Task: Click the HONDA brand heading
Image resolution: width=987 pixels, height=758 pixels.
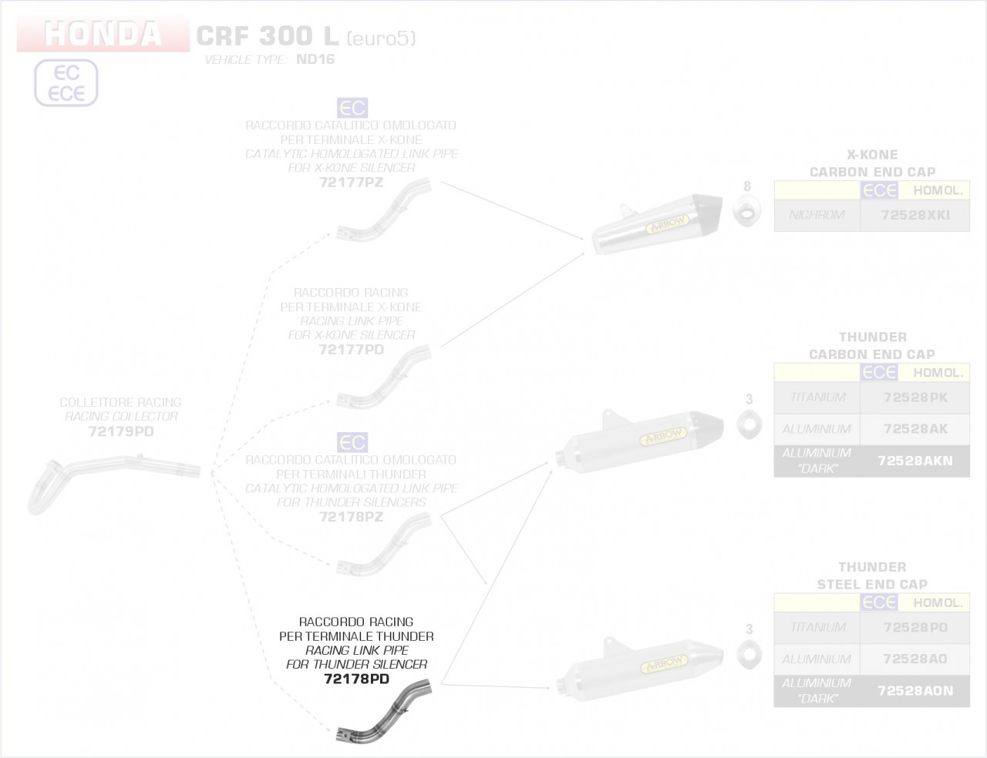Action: coord(103,35)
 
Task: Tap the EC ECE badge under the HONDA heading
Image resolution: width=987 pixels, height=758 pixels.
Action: coord(66,83)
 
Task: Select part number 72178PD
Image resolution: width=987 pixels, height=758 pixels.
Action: coord(356,679)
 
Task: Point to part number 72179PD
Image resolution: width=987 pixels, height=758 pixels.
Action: coord(121,431)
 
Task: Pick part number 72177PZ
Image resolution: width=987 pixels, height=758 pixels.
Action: coord(351,183)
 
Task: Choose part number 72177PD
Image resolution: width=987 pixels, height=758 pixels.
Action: coord(351,349)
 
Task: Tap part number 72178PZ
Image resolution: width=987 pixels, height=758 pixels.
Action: coord(351,516)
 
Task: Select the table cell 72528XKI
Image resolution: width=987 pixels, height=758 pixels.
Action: coord(915,215)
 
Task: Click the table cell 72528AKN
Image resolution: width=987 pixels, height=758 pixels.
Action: coord(915,461)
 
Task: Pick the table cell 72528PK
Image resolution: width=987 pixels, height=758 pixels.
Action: coord(915,397)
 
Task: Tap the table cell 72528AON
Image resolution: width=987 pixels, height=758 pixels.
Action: coord(915,690)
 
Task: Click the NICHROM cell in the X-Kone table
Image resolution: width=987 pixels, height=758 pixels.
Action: coord(817,215)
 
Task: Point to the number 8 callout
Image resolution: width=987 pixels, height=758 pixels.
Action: coord(746,186)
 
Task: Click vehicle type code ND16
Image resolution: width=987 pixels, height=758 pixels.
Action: coord(315,59)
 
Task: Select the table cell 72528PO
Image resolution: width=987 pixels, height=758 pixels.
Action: coord(915,627)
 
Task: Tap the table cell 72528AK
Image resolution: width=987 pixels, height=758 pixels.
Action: coord(915,428)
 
